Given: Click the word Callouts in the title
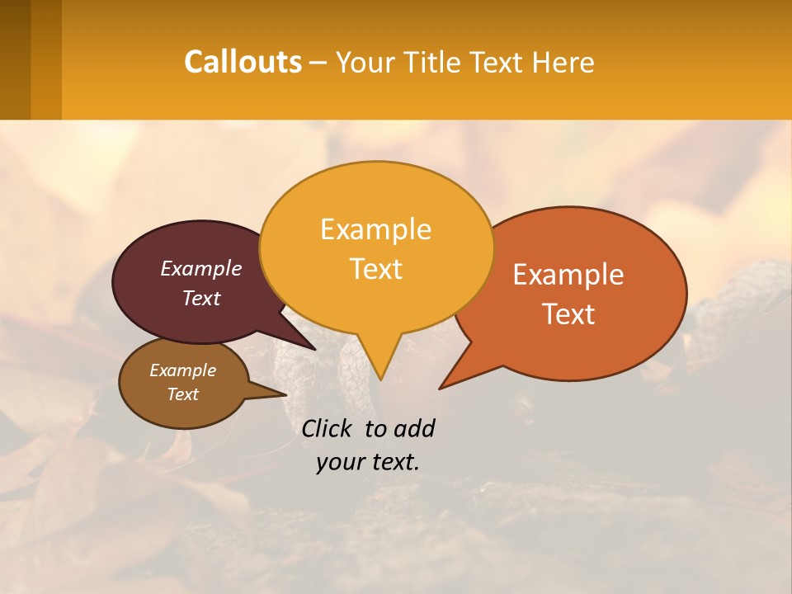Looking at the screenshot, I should [243, 62].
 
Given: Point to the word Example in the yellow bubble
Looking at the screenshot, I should [375, 229].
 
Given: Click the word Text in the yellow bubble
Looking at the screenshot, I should [375, 268].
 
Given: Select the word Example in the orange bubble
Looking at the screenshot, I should [568, 274].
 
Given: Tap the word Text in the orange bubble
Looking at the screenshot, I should [568, 313].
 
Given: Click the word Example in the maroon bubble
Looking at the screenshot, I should [201, 268].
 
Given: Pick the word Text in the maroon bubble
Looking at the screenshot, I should [201, 298].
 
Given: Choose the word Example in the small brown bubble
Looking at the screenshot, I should [182, 370].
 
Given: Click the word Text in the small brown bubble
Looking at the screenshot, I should [182, 394].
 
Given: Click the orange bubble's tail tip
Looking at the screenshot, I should [441, 388].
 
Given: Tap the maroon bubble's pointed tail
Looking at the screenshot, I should [313, 348].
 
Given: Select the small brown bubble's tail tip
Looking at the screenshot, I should [285, 394].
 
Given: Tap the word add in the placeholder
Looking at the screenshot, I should [413, 428].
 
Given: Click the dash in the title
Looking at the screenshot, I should [318, 63].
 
